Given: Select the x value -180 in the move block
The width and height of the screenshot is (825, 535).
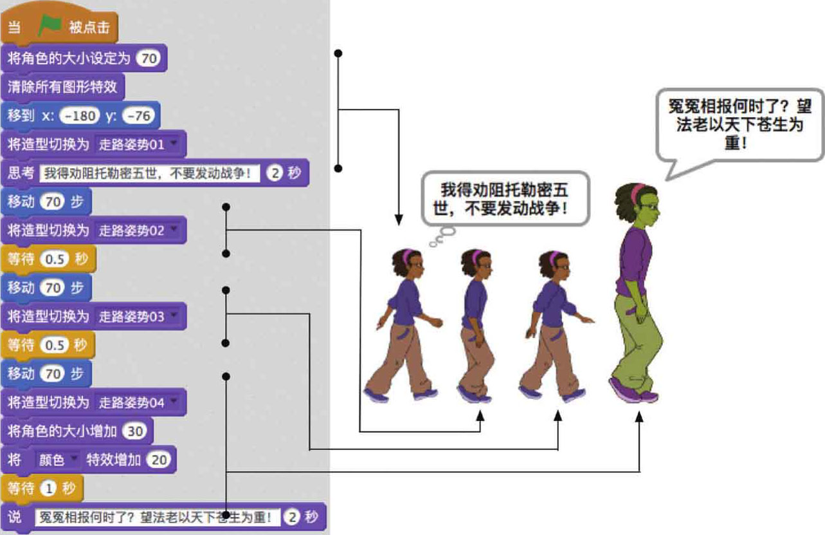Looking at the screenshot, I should pos(80,116).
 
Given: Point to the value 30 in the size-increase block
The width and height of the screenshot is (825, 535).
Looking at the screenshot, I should pos(135,431).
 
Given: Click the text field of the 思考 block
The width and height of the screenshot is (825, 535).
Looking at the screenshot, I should pos(150,173).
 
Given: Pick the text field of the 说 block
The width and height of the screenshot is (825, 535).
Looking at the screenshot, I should pos(158,517).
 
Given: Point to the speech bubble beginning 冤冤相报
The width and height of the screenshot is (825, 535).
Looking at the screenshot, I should pos(739,126).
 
